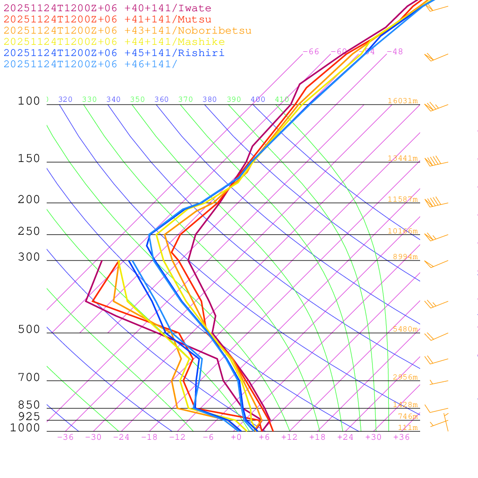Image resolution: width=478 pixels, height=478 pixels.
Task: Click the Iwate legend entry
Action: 107,8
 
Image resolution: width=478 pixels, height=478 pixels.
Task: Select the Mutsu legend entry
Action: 107,20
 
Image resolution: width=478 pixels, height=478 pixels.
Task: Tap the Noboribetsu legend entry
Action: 127,31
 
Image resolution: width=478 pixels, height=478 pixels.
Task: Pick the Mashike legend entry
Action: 114,42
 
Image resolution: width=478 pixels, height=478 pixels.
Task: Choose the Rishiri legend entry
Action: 114,53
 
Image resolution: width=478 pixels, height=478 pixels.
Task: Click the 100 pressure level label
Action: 29,101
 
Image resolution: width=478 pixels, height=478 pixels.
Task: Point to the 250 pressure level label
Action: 29,232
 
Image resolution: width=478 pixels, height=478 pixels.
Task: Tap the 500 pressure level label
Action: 29,330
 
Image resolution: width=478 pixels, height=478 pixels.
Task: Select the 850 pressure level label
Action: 29,405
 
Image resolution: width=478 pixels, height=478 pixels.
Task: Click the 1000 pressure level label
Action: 25,428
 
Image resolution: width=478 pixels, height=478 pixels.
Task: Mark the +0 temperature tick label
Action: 236,437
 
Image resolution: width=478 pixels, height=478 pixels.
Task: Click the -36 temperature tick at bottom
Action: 65,437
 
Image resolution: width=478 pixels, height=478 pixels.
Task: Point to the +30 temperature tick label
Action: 373,437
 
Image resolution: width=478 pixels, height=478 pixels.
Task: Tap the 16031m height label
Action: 402,101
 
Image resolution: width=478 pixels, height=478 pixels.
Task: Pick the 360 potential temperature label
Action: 162,99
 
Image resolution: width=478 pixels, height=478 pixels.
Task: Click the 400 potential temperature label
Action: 258,99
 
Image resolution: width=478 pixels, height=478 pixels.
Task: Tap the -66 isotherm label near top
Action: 311,52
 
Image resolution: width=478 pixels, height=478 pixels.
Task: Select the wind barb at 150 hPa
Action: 434,162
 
